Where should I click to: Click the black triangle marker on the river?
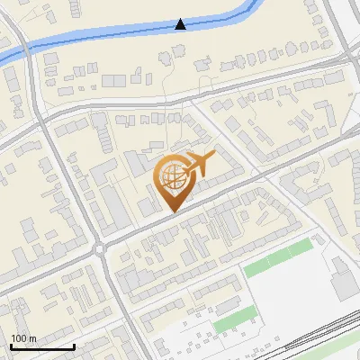(181, 24)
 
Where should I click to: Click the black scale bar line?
(42, 346)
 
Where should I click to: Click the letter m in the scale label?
(32, 338)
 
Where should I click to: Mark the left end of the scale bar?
(11, 346)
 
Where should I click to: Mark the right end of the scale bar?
(74, 346)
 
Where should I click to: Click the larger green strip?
(278, 257)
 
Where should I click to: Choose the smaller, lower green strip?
(234, 319)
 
